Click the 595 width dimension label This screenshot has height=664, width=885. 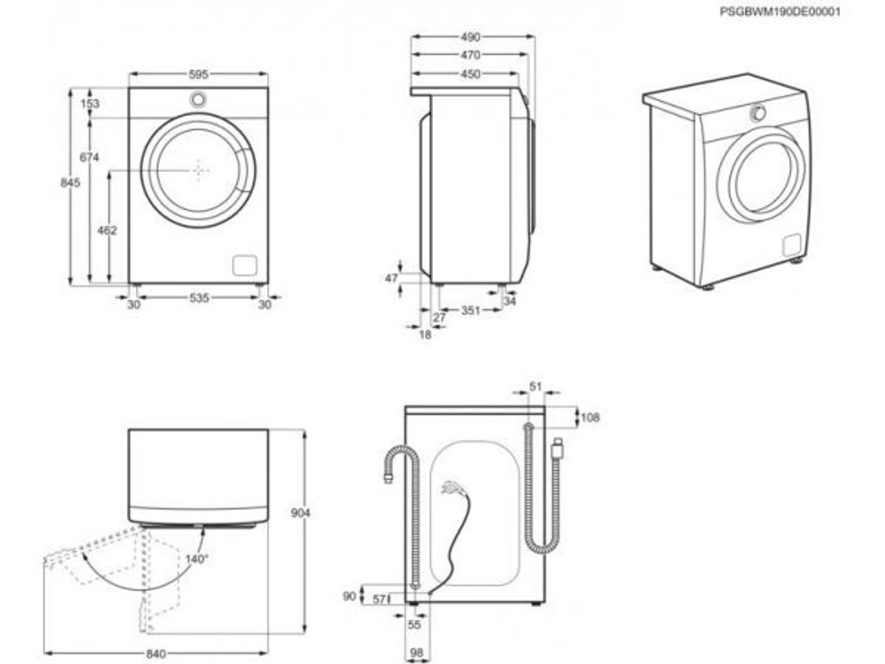[x=198, y=75]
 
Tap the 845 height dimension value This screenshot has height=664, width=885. [x=71, y=182]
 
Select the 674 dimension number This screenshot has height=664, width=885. [x=88, y=157]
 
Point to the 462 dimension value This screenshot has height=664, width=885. [x=106, y=230]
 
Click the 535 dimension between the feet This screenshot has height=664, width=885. [x=198, y=299]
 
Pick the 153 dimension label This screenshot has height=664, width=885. [x=89, y=104]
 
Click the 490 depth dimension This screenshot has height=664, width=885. [x=470, y=37]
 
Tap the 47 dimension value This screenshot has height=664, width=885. [x=392, y=278]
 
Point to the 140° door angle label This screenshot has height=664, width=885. [x=196, y=559]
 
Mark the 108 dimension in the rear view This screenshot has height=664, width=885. [x=589, y=417]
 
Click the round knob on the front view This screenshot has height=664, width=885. [x=199, y=99]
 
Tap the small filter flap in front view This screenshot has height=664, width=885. [x=244, y=265]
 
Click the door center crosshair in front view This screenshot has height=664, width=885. [x=199, y=169]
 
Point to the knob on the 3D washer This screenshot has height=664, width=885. [x=758, y=112]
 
